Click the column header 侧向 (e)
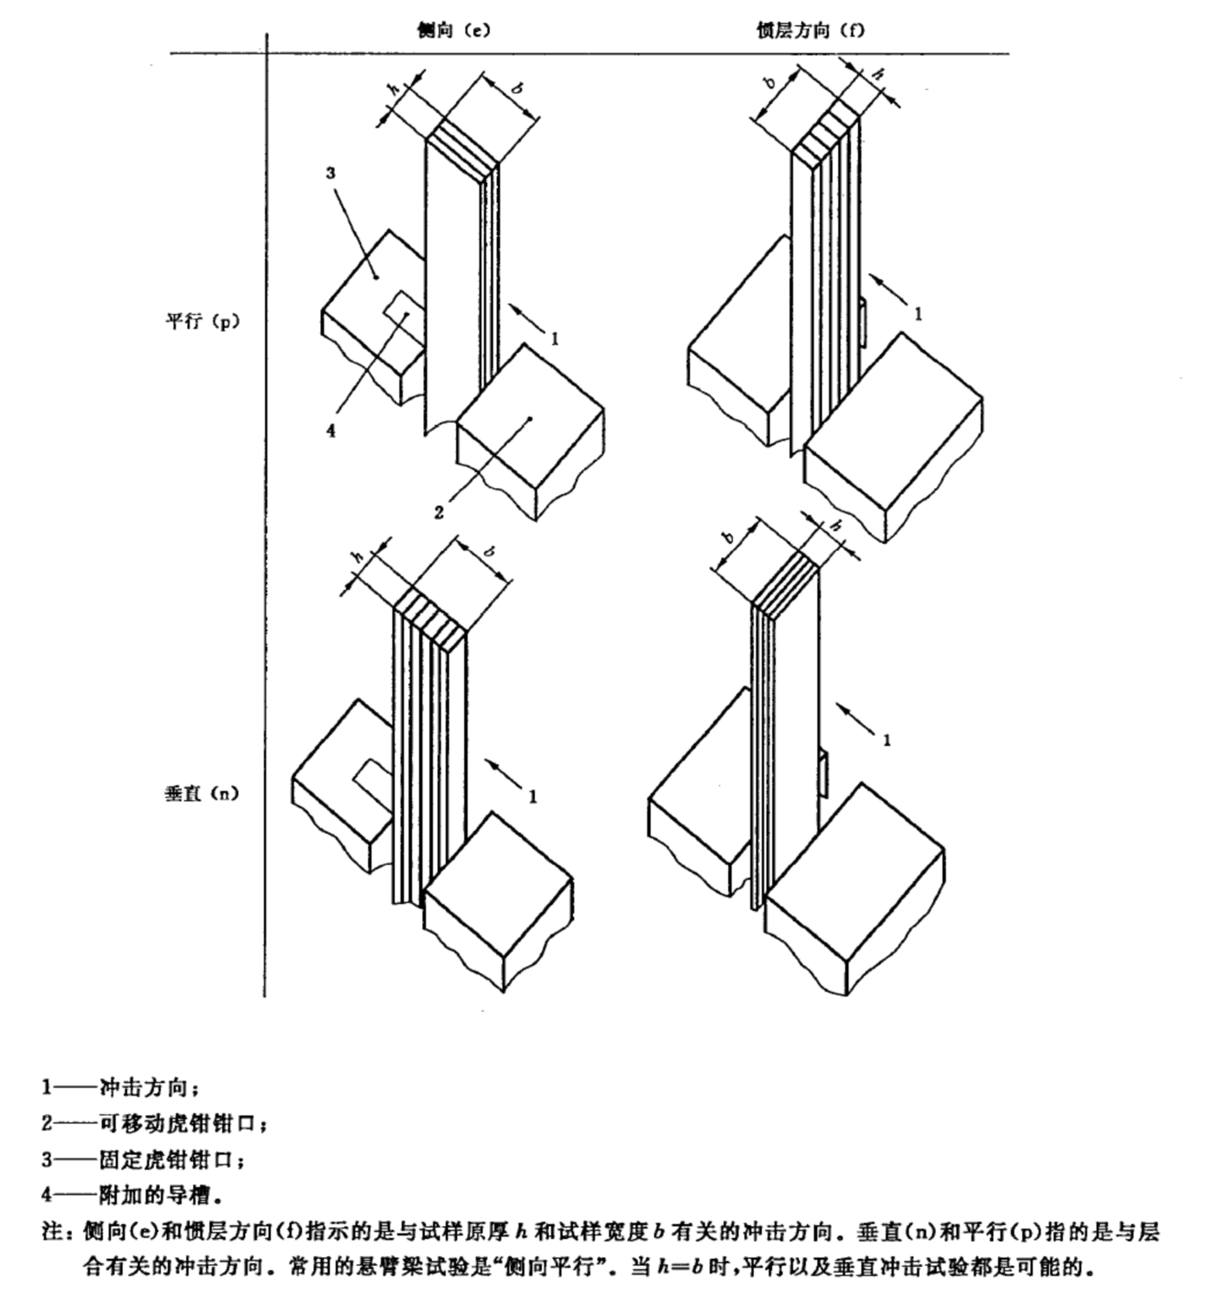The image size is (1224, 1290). tap(453, 30)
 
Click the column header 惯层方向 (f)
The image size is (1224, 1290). tap(809, 30)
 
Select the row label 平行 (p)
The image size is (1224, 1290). tap(202, 321)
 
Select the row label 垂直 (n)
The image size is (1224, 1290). tap(201, 793)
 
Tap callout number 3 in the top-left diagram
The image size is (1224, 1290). tap(331, 173)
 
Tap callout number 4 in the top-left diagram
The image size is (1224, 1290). tap(331, 430)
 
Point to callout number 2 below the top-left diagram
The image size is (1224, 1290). tap(439, 512)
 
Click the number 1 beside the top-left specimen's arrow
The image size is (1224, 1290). tap(555, 338)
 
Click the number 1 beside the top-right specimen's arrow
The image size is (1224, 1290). tap(918, 314)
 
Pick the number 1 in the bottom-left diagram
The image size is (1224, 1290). tap(533, 795)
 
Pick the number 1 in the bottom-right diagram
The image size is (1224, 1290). tap(886, 740)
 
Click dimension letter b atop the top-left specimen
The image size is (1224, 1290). tap(517, 88)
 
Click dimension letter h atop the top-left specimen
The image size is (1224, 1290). tap(394, 89)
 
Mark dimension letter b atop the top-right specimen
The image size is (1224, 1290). tap(770, 84)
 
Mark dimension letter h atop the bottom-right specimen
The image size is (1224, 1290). tap(835, 525)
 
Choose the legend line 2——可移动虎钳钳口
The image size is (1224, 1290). tap(155, 1123)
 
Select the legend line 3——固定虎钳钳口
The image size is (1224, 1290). tap(144, 1158)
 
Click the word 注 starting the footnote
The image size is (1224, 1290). tap(51, 1231)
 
